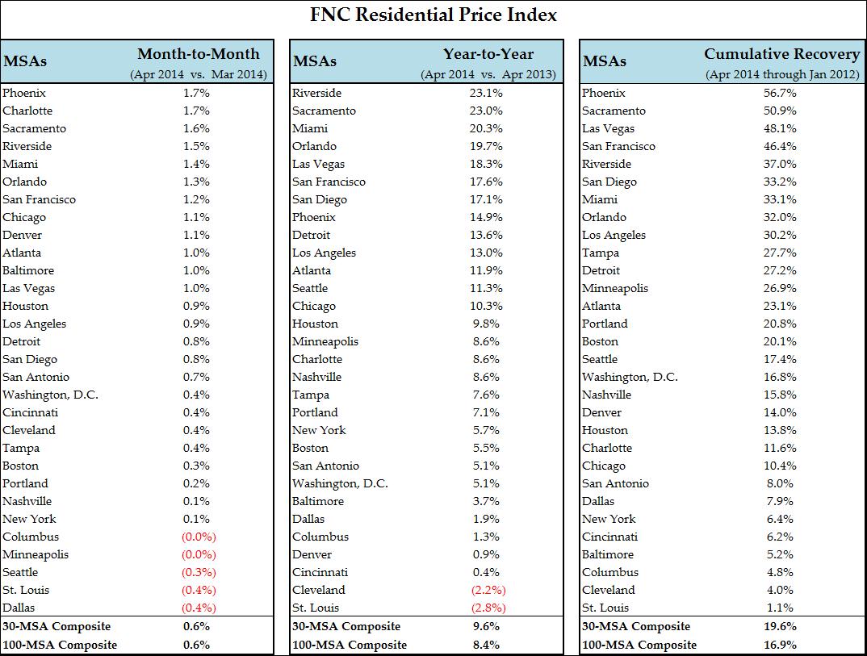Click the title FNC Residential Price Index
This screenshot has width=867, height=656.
[433, 15]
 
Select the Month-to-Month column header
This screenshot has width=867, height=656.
[199, 54]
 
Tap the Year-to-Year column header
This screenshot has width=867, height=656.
[488, 54]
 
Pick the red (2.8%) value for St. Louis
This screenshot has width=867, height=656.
[488, 608]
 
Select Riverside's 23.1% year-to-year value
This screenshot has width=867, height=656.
[486, 93]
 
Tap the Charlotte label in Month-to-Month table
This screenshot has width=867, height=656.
[27, 111]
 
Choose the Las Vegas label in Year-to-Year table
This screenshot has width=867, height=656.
[318, 164]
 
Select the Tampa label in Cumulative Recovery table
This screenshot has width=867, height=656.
[601, 253]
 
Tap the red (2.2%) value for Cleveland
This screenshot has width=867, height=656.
[488, 590]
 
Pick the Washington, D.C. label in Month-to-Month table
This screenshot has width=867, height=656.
[50, 395]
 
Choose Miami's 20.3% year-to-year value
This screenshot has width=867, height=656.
[486, 128]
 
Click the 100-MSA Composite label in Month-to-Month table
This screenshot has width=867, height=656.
[60, 645]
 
